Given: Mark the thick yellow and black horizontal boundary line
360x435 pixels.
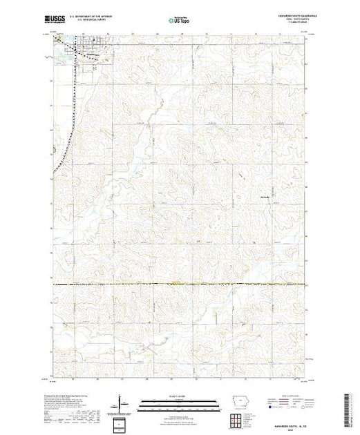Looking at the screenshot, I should coord(180,284).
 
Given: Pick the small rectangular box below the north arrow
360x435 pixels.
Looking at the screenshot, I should coord(122,423).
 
